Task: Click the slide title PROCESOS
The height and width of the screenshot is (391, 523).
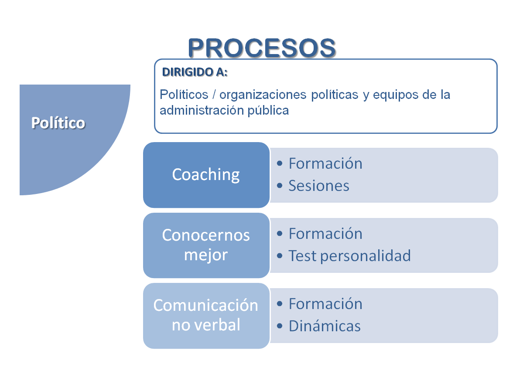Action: pyautogui.click(x=262, y=48)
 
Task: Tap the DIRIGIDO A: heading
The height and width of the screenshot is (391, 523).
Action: pyautogui.click(x=195, y=72)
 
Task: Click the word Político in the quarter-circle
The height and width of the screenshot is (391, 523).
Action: pyautogui.click(x=58, y=123)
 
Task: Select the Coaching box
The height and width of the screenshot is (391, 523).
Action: pyautogui.click(x=206, y=174)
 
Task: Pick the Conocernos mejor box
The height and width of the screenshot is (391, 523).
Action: pyautogui.click(x=206, y=245)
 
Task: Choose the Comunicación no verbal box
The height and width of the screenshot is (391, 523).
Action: pyautogui.click(x=206, y=315)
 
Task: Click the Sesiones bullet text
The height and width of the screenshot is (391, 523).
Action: pyautogui.click(x=319, y=186)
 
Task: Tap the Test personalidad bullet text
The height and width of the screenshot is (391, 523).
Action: pyautogui.click(x=349, y=255)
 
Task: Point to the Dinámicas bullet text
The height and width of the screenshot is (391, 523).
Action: pyautogui.click(x=325, y=326)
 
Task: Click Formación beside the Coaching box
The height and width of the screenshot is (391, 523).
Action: pyautogui.click(x=325, y=163)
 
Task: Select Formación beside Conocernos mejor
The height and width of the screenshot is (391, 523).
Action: pyautogui.click(x=325, y=234)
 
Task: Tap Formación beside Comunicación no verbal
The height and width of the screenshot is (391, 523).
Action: pyautogui.click(x=325, y=304)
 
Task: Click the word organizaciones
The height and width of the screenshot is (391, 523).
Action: pyautogui.click(x=253, y=95)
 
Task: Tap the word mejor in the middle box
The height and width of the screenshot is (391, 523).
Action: pyautogui.click(x=206, y=255)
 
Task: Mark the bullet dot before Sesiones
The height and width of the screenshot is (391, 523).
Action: pyautogui.click(x=280, y=186)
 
